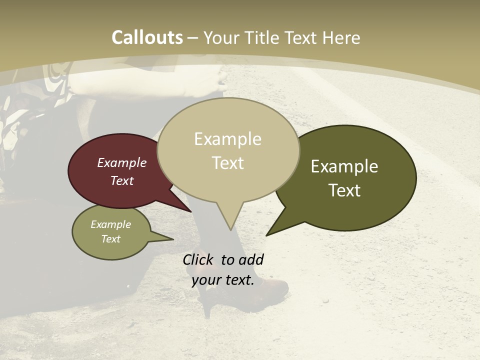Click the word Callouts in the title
(147, 37)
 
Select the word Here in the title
(339, 37)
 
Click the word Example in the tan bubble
(227, 139)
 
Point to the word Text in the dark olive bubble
(344, 190)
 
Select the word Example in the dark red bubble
(122, 162)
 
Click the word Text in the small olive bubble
(111, 239)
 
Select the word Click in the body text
(199, 259)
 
